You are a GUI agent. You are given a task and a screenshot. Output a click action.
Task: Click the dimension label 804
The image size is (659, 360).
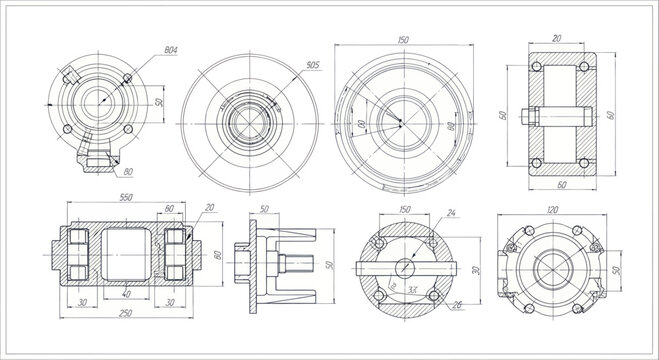(170, 50)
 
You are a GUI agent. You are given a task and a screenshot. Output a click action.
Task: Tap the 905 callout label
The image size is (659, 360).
(311, 65)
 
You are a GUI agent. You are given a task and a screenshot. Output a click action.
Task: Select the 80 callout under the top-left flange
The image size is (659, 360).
(127, 173)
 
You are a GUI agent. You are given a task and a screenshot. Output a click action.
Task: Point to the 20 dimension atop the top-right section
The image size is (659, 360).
(556, 37)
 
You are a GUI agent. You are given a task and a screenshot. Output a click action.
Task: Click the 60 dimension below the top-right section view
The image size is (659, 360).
(560, 185)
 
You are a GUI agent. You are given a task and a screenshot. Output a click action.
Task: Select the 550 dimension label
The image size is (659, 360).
(127, 198)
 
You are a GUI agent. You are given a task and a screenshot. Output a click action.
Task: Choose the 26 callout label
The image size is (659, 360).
(457, 305)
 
